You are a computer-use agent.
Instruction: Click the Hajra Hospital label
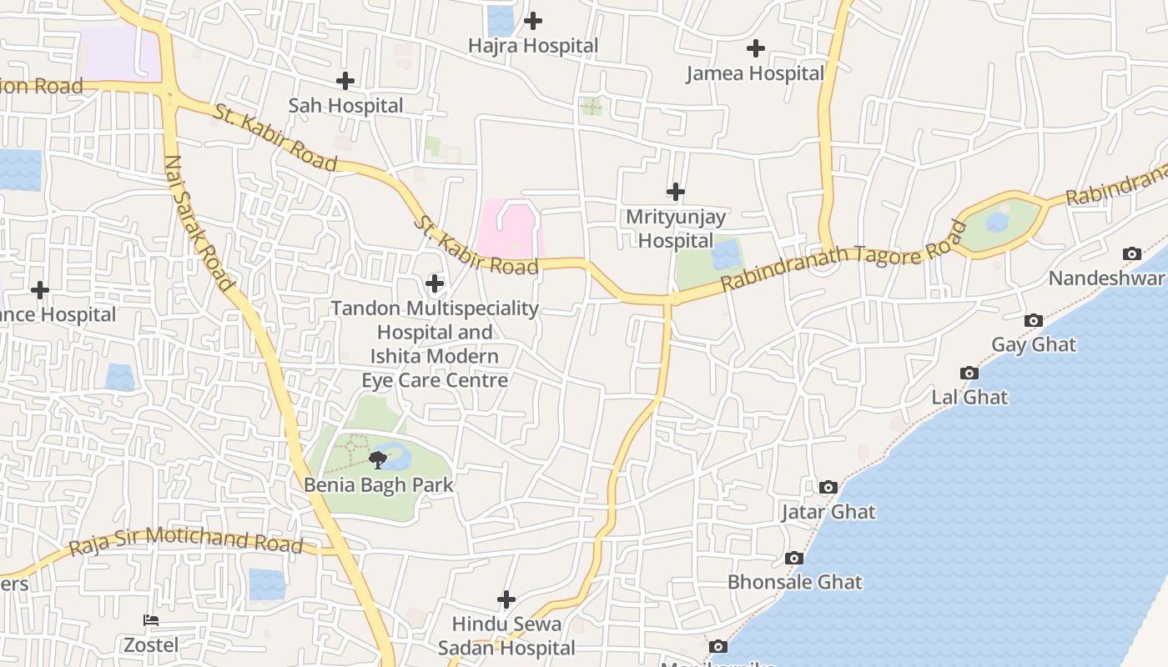click(x=533, y=46)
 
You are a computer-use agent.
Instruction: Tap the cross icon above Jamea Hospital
click(x=756, y=48)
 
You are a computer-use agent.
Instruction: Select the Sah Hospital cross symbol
click(x=345, y=81)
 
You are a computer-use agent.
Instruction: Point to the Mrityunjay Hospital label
click(x=676, y=228)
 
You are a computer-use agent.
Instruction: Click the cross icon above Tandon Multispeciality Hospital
click(x=435, y=283)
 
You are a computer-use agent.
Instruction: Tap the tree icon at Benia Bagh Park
click(x=378, y=459)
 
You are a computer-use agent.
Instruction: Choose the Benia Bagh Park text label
click(x=379, y=484)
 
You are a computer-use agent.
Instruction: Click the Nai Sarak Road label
click(x=199, y=223)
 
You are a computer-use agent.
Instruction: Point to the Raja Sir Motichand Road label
click(x=185, y=541)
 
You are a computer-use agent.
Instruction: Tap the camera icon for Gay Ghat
click(x=1034, y=320)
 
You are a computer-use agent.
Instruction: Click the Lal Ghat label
click(x=969, y=397)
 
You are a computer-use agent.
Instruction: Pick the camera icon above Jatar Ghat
click(x=828, y=487)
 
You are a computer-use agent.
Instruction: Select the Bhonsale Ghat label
click(x=794, y=582)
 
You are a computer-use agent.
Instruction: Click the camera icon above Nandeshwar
click(x=1132, y=253)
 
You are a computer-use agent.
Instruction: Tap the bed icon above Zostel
click(x=151, y=620)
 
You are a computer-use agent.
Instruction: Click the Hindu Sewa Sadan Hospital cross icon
click(x=506, y=599)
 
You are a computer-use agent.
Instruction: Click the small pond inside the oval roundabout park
click(x=997, y=223)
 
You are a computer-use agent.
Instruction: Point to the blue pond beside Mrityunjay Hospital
click(x=726, y=254)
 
